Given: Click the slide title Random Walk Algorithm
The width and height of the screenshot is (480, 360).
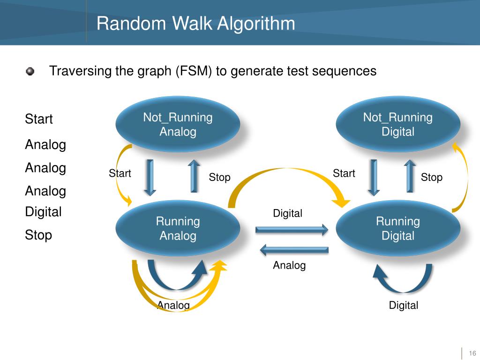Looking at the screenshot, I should (x=196, y=23).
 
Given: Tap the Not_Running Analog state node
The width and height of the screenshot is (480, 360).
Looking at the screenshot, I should (x=178, y=124).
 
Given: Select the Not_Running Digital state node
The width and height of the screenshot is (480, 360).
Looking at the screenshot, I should (x=398, y=124).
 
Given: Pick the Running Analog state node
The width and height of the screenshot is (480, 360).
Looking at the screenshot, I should (x=178, y=228).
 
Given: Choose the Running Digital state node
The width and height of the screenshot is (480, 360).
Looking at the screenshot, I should (x=398, y=228).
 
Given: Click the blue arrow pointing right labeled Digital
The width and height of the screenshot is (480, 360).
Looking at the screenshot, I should (x=292, y=230).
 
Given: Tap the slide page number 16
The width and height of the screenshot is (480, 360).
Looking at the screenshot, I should (x=472, y=353).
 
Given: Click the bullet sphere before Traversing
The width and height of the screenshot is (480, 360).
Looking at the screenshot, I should (x=30, y=71).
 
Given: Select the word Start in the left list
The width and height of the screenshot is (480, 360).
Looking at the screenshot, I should (x=39, y=119).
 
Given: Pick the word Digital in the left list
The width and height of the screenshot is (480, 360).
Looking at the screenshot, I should (x=43, y=212).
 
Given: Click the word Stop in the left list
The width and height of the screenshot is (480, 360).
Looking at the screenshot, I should (x=38, y=235).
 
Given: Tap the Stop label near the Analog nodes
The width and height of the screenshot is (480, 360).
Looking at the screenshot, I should (x=219, y=177).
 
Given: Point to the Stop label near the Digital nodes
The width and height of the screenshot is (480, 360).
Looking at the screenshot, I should (x=431, y=177).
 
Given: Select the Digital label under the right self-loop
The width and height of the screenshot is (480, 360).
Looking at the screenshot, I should (x=403, y=306).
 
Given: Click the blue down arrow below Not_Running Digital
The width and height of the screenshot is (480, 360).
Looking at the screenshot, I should (x=374, y=177).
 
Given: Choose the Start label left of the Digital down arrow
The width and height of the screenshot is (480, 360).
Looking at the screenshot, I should (x=344, y=173).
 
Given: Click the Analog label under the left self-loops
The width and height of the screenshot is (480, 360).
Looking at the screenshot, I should (x=173, y=306).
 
